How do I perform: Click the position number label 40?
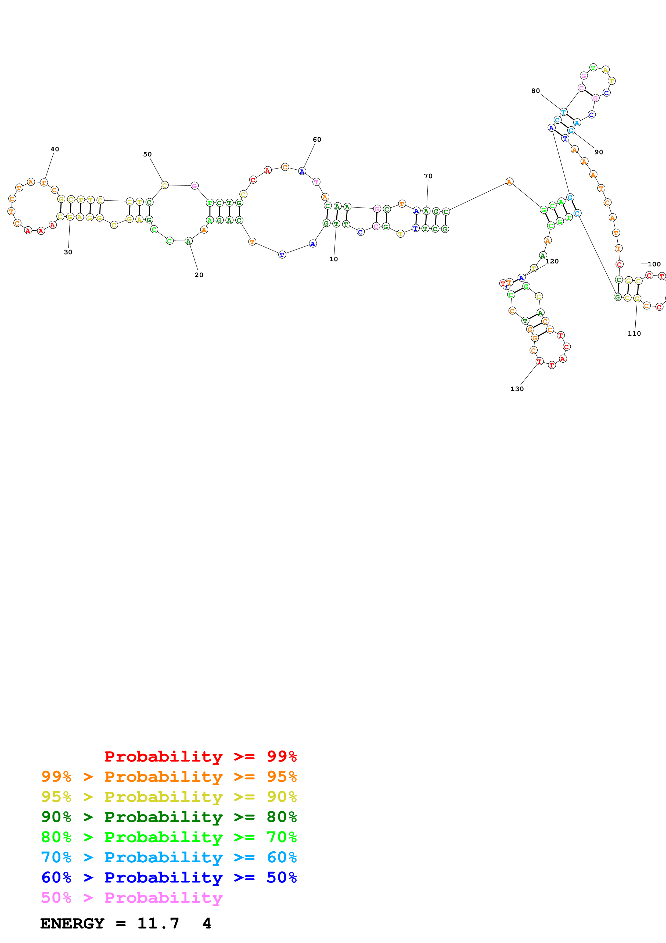55,149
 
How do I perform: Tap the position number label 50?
147,154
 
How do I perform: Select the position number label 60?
317,140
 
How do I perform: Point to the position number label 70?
428,176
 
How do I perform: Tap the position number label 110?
634,334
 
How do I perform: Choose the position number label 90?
599,152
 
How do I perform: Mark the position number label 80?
535,91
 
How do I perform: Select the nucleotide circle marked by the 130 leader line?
539,362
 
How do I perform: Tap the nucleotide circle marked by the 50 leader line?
164,185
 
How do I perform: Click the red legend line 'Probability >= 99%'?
200,756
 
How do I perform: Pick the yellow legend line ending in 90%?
169,797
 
